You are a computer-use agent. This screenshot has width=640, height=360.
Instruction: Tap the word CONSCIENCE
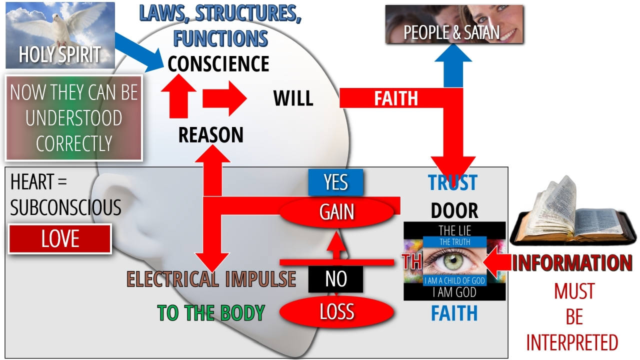pos(218,64)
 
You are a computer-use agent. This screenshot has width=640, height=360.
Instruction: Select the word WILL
pos(293,98)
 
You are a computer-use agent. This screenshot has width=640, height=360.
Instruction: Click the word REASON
pos(211,135)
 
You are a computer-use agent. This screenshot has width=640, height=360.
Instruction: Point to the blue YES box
pos(335,182)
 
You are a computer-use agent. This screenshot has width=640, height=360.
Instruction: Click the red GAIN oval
pos(337,212)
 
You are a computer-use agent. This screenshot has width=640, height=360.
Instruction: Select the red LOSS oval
pos(336,312)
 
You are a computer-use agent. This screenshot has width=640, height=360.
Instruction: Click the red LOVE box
pos(60,239)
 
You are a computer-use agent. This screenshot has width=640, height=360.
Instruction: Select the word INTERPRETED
pos(572,343)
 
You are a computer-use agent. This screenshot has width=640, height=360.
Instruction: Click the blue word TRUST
pos(452,183)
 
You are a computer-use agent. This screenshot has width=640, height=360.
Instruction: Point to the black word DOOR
pos(454,211)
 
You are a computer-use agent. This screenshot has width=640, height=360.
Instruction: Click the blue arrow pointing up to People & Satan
pos(453,65)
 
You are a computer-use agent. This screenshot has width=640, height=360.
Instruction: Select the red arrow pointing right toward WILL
pos(224,98)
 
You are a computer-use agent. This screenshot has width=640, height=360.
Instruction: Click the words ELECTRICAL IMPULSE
pos(211,279)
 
